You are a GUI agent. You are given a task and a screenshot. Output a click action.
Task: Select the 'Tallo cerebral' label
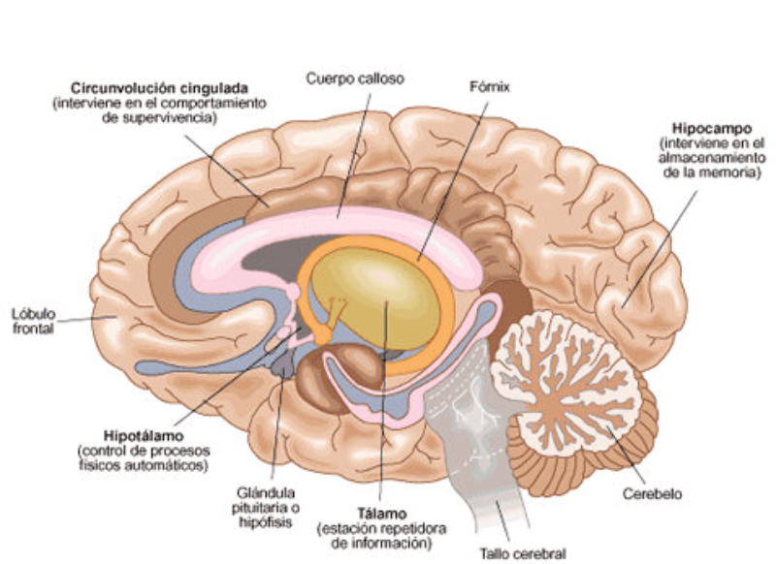[523, 554]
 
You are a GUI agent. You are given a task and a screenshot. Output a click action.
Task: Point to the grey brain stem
[475, 436]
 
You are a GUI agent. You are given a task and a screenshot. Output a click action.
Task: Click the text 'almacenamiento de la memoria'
[706, 165]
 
